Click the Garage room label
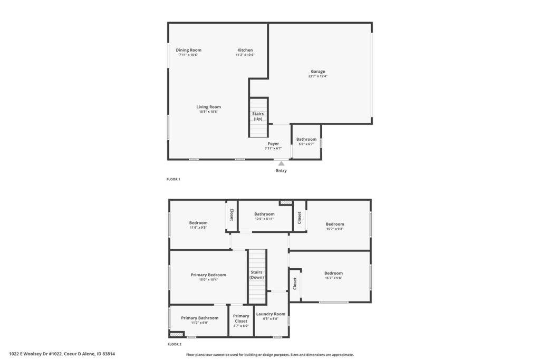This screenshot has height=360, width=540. coord(317,71)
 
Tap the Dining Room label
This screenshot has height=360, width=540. coord(188,50)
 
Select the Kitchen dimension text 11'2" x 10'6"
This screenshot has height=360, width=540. coord(245,55)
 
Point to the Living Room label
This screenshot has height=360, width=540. coord(208,106)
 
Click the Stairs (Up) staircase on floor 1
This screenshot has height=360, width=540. coord(258,118)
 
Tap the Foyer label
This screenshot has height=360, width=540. coord(273,143)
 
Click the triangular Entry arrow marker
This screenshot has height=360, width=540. coord(282,163)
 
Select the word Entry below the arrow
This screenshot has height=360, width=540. coord(281,170)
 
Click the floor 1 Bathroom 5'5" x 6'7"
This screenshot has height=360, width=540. coord(306,141)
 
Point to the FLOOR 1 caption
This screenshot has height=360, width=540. coord(173,179)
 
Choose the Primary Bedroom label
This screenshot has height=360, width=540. coord(208,275)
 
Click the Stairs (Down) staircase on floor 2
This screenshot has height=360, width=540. coord(257,277)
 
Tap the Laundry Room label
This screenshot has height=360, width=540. coord(271,314)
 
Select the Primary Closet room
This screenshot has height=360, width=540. coord(241,321)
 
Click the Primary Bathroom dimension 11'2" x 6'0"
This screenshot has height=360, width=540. coord(200,323)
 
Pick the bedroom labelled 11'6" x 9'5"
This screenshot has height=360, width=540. coord(198,225)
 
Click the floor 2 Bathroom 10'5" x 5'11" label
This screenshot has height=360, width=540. coord(265,214)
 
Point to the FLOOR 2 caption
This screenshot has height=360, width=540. coord(174,344)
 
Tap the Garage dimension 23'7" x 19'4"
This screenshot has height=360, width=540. coord(317,76)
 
